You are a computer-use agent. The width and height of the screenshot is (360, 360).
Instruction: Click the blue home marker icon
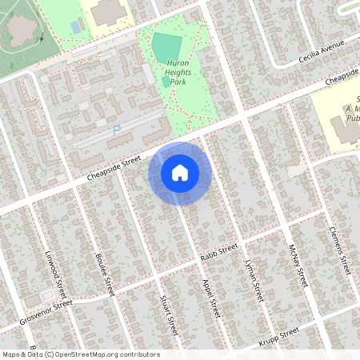tap(180, 172)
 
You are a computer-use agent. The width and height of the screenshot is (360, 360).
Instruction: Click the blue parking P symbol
tap(117, 130)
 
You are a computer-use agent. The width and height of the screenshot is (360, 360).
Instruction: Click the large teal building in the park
tap(167, 44)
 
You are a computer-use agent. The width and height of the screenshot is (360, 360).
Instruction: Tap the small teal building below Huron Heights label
tap(166, 81)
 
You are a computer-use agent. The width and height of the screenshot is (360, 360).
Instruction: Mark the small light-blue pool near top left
tap(75, 26)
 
